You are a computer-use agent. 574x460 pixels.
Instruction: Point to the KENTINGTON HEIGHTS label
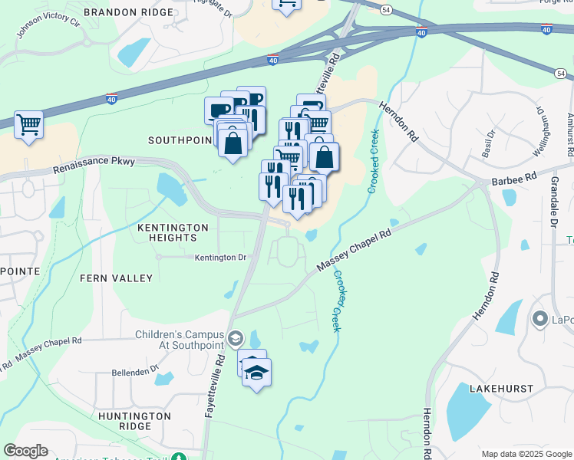point(173,233)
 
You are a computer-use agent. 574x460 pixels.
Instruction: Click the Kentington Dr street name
point(219,258)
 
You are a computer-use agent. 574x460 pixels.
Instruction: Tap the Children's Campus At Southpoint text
point(180,340)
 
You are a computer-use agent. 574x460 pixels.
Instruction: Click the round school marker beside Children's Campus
point(236,338)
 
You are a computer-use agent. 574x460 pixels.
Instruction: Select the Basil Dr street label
point(485,139)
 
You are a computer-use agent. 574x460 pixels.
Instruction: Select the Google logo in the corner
point(26,451)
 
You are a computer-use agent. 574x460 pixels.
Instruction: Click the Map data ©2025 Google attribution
point(526,454)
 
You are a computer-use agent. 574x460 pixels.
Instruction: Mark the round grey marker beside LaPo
point(539,318)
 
